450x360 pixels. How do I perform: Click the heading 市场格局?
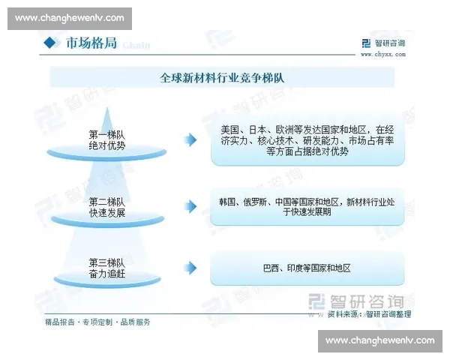(x=90, y=43)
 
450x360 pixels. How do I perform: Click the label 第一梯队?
(x=106, y=134)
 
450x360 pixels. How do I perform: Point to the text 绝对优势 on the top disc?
(x=106, y=145)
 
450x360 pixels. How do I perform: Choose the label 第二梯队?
(x=106, y=202)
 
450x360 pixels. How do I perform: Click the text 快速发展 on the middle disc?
(x=106, y=213)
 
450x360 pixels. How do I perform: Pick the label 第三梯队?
(x=106, y=262)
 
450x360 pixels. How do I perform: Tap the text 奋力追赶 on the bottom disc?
(x=106, y=274)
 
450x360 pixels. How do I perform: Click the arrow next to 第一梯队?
(x=192, y=139)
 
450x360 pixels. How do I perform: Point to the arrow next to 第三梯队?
(x=192, y=268)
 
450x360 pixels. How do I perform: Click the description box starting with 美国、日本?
(x=307, y=139)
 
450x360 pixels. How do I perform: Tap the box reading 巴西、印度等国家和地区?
(x=307, y=268)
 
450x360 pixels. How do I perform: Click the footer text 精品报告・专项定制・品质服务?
(x=97, y=322)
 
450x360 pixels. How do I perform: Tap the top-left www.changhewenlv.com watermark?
(x=69, y=18)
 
